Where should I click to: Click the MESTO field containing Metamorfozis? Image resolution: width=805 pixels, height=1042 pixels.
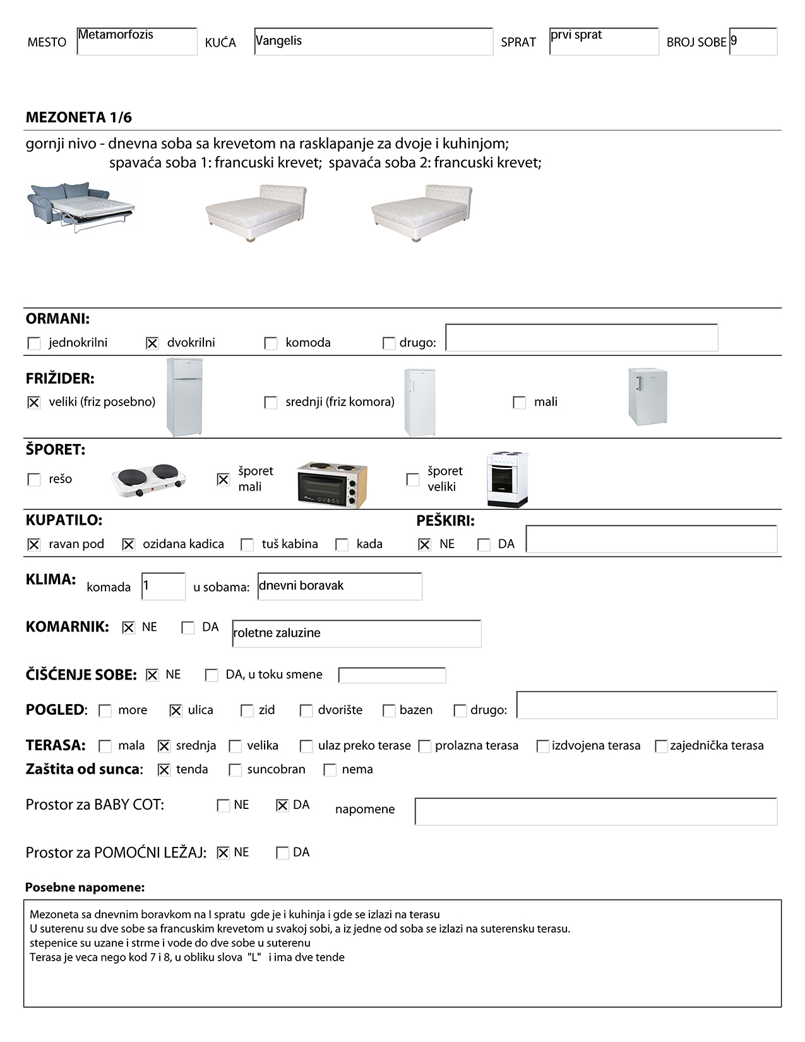coord(136,42)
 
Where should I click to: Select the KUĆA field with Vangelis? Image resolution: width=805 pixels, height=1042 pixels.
coord(373,42)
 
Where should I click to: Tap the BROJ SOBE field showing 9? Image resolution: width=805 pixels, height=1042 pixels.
coord(753,42)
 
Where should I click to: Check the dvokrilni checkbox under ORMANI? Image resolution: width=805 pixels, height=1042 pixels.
coord(152,343)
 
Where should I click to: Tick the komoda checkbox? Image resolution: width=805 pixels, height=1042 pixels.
coord(271,343)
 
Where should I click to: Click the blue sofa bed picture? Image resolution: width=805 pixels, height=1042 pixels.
coord(81,207)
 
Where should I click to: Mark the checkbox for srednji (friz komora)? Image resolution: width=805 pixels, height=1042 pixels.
coord(271,402)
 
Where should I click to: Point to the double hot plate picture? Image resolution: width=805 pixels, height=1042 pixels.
coord(149,480)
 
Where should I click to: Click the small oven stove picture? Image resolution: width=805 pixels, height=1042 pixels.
coord(332,484)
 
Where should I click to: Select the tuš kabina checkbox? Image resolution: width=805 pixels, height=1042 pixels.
coord(247,544)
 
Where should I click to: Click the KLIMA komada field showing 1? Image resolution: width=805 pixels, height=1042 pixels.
coord(163,586)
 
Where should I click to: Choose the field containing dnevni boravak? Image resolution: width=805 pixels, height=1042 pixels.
coord(340,586)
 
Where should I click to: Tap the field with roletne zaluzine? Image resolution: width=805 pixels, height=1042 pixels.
coord(357,633)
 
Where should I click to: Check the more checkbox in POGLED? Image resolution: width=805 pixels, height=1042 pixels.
coord(105,710)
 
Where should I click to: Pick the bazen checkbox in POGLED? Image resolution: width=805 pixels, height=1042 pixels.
coord(389,710)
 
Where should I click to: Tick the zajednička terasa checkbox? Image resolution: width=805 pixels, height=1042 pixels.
coord(661,746)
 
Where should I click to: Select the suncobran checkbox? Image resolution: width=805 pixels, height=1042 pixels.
coord(236,770)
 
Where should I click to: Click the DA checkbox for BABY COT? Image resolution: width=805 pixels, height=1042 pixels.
coord(282,805)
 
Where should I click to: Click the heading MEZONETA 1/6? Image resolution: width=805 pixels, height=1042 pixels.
coord(79,117)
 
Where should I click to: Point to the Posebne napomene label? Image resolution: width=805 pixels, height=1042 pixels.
coord(85,887)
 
